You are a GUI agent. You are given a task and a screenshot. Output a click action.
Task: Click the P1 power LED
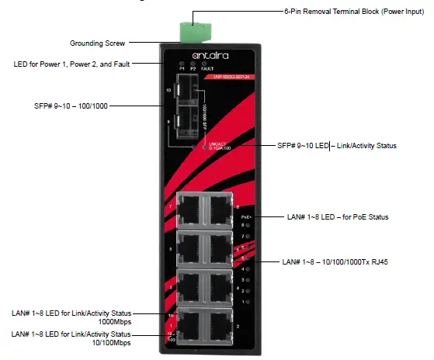[x=182, y=63]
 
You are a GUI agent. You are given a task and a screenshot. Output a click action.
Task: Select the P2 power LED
[x=194, y=63]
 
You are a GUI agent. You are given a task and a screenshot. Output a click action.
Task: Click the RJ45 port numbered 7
[x=190, y=209]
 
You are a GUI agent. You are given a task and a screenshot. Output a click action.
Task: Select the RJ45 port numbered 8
[x=220, y=209]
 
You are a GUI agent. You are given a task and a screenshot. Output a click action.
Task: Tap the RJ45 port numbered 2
[x=220, y=327]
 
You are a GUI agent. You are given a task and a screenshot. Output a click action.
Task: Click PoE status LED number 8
[x=246, y=225]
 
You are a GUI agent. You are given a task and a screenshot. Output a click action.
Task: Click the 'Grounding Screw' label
[x=97, y=43]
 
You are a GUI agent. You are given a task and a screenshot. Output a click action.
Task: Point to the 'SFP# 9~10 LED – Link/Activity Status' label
[x=339, y=145]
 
